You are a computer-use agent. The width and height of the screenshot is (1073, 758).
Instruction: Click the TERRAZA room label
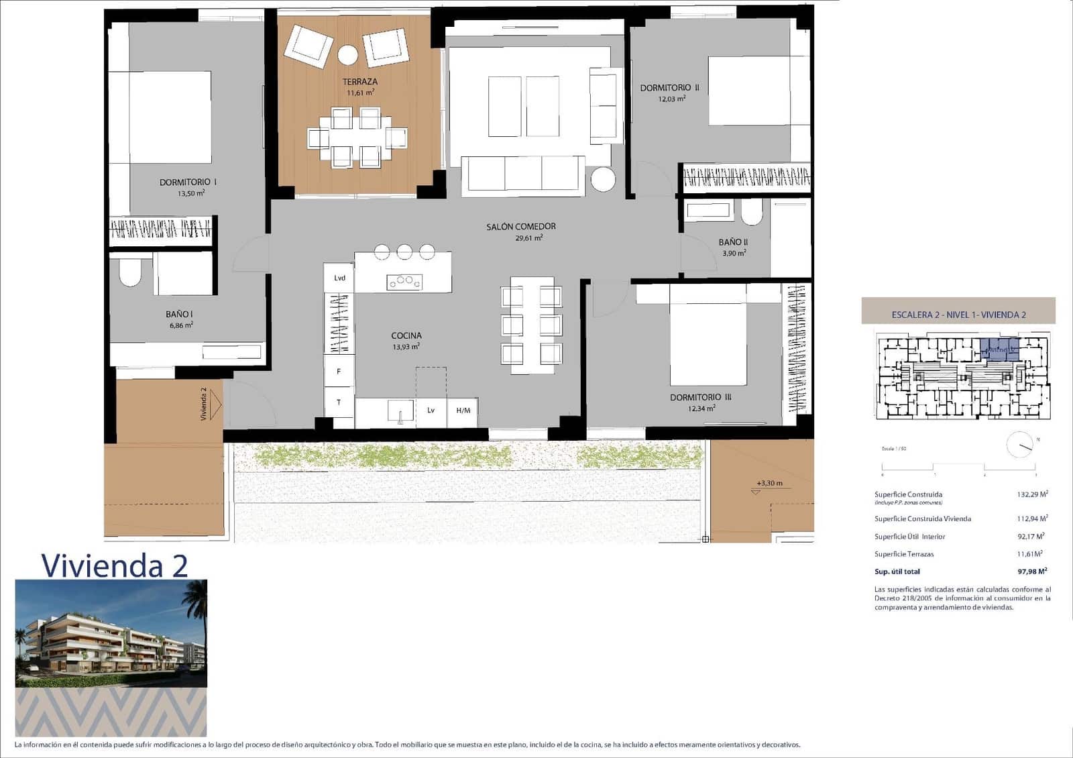(360, 82)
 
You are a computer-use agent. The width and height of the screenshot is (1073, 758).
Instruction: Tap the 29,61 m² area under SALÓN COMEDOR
(528, 238)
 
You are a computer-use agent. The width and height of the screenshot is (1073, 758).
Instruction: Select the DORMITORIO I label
(188, 182)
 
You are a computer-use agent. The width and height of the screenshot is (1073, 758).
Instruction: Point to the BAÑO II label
(733, 242)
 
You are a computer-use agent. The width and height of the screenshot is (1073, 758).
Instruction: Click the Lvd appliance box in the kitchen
(339, 278)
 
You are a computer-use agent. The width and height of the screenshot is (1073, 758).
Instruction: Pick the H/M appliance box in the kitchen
(463, 411)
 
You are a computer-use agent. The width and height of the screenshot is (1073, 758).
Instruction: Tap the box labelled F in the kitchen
(339, 371)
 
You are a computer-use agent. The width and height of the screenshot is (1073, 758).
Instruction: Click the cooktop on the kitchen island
(404, 282)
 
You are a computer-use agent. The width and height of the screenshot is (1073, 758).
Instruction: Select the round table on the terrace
(347, 54)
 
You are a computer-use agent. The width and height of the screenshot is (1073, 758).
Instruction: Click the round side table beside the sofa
(603, 180)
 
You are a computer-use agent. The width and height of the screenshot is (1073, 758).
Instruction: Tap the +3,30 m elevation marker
(769, 484)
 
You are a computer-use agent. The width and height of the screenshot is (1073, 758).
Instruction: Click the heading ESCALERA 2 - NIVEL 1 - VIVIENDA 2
(958, 315)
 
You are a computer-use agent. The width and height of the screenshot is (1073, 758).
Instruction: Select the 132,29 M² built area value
(1032, 494)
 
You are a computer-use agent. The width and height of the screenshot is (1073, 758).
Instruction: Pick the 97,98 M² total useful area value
(1032, 572)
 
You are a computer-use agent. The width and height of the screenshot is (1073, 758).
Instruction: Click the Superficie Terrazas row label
(903, 554)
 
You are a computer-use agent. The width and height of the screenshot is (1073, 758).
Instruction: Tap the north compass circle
(1019, 445)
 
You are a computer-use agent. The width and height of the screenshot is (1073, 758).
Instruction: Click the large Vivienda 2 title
(114, 565)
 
